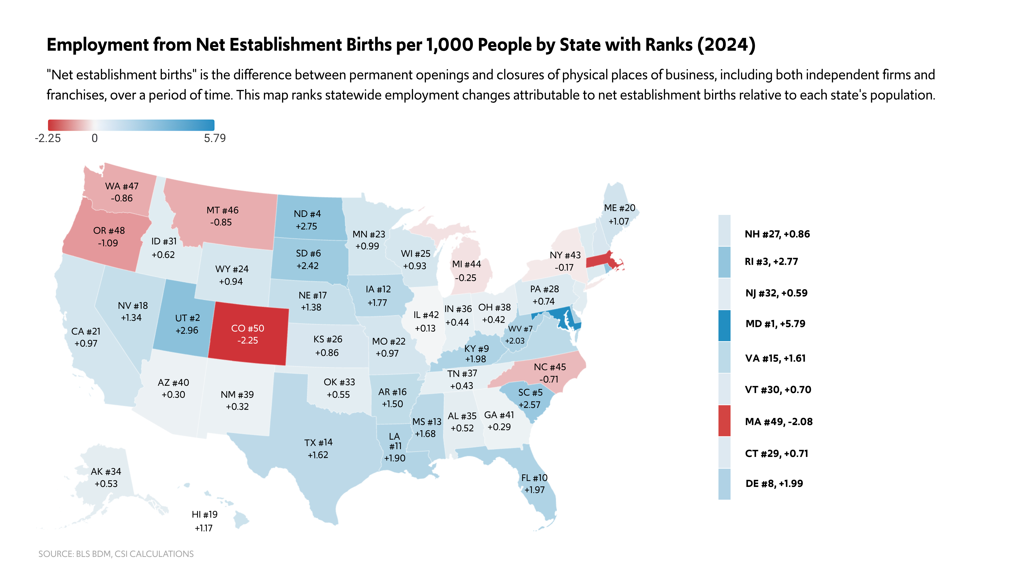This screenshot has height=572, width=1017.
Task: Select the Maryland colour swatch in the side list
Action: (x=724, y=326)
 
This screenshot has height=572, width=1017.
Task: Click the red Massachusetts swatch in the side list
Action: (x=724, y=421)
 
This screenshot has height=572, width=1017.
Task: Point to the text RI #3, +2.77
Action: (x=771, y=262)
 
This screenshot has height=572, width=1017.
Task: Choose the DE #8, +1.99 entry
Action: (x=774, y=484)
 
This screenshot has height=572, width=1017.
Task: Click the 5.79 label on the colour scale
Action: (x=215, y=138)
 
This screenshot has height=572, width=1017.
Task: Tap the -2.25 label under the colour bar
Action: (x=48, y=138)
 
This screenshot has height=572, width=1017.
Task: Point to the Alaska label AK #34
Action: (x=106, y=472)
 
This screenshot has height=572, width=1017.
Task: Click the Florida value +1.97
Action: (x=534, y=490)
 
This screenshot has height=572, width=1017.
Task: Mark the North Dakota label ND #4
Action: (x=307, y=214)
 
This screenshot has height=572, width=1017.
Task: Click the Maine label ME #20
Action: (x=620, y=208)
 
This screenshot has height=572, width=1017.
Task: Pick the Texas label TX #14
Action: (x=318, y=443)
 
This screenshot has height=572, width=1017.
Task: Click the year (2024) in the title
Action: (x=726, y=45)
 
